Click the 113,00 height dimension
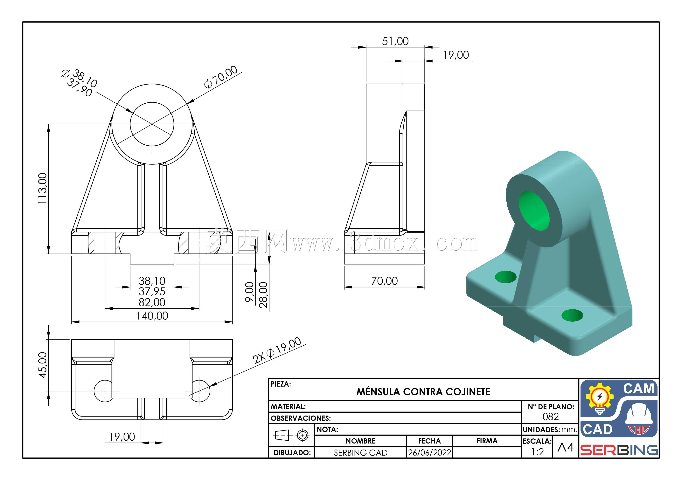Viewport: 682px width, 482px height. click(x=42, y=188)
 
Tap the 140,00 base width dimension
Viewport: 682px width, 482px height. click(x=152, y=315)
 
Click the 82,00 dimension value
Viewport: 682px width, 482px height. click(x=152, y=302)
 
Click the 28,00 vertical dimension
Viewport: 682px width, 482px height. click(x=263, y=295)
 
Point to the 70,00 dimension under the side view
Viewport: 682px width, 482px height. click(x=384, y=281)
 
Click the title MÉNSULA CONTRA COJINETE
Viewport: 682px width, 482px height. click(x=423, y=392)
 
